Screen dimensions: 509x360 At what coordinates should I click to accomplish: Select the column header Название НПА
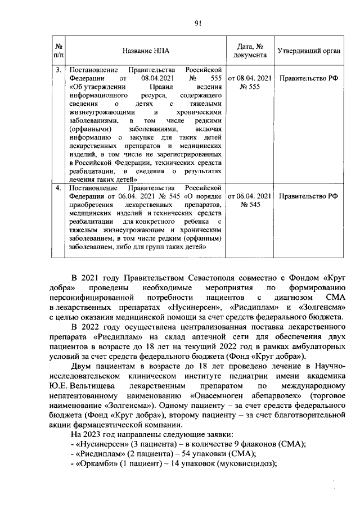[145, 51]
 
